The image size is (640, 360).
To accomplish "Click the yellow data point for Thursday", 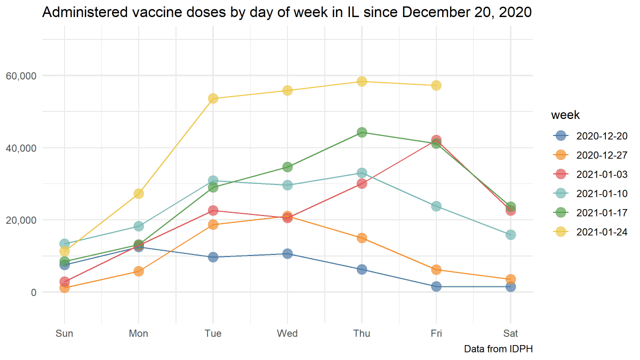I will pos(362,81).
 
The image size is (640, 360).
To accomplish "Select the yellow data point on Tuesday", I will pos(213,98).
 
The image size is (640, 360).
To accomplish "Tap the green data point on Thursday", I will pos(362,132).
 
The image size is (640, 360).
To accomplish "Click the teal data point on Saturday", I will pos(510,235).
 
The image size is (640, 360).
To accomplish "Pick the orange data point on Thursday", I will pos(362,238).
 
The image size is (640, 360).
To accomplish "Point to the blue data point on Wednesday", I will pos(287,254).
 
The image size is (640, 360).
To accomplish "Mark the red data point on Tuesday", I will pos(213,211).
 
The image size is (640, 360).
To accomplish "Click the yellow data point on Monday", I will pos(139,194).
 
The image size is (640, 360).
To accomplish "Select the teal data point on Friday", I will pos(436,206).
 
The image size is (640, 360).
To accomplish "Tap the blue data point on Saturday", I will pos(510,287).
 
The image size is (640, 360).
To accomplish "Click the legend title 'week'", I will pos(565,115).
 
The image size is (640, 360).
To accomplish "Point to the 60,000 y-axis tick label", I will pos(22,76).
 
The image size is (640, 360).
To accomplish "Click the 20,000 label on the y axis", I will pos(22,220).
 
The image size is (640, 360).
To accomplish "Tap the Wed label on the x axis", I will pos(287,334).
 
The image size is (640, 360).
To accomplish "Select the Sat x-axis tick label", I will pos(510,334).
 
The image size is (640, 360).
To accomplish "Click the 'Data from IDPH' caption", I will pos(498,349).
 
